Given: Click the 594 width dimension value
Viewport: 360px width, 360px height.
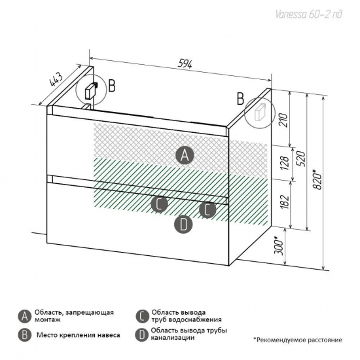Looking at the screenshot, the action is [x=185, y=65].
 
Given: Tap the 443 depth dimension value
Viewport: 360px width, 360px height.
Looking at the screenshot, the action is [x=56, y=80].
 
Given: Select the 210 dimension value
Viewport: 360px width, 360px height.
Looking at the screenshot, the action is [x=284, y=120].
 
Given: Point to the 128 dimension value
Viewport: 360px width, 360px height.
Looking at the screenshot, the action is [x=284, y=163].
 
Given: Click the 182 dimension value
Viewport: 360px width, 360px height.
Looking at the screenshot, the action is [x=284, y=202].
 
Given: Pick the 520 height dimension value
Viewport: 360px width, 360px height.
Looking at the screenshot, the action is [x=302, y=159].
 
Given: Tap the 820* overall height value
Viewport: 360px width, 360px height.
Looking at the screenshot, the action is [x=317, y=180].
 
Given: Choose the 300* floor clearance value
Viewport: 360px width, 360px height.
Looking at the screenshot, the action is [x=279, y=246].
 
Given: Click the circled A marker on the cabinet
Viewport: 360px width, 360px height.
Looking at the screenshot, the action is [x=185, y=155].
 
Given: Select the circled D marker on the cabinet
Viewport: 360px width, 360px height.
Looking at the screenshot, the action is [x=183, y=225].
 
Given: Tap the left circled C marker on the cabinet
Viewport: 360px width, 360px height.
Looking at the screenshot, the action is [x=159, y=204].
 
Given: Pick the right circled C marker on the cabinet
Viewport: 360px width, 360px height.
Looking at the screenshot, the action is [x=207, y=209].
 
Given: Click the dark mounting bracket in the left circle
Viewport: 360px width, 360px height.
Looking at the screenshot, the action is [x=91, y=90].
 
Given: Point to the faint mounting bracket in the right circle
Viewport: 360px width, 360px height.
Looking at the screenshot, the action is [x=260, y=112].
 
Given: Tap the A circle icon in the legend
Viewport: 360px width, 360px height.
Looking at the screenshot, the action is [x=24, y=317].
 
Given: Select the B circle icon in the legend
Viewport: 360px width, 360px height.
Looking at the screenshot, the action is [x=24, y=335].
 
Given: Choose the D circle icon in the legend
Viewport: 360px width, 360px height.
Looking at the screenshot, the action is [x=142, y=335].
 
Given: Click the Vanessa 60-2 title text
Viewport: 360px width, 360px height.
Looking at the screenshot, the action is [x=308, y=14].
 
